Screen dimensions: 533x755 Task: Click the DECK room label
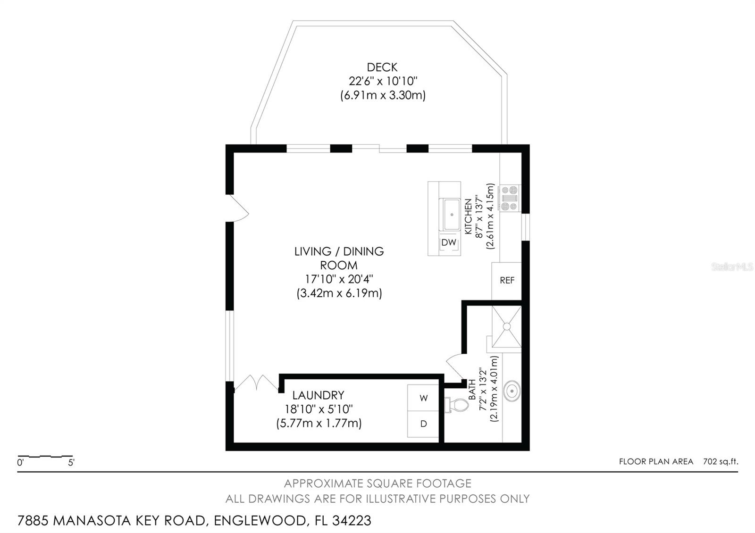click(x=382, y=67)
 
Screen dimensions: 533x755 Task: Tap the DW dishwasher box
click(x=449, y=242)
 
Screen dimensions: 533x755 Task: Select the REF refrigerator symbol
click(x=507, y=281)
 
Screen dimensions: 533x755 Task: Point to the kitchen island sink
click(x=451, y=215)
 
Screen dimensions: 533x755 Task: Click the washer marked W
click(x=423, y=398)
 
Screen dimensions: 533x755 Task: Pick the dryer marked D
click(x=423, y=424)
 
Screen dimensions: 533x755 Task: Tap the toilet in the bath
click(x=456, y=405)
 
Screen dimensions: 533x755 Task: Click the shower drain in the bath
click(x=506, y=326)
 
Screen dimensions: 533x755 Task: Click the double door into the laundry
click(x=257, y=382)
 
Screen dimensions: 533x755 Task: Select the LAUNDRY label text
click(x=318, y=395)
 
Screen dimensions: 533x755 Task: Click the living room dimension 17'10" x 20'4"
click(x=339, y=279)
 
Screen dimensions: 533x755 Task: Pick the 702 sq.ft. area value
click(x=720, y=461)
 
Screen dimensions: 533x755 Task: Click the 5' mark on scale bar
click(x=71, y=463)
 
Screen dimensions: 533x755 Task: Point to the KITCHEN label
click(x=469, y=217)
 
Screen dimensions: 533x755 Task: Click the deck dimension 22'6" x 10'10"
click(x=383, y=81)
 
